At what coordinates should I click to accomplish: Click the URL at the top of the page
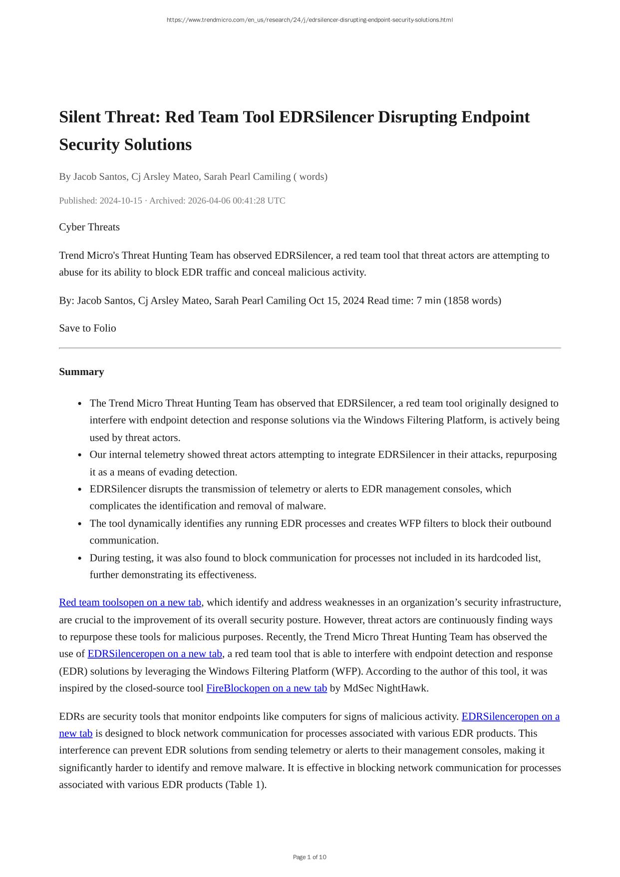click(310, 20)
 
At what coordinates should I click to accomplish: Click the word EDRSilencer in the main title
click(326, 117)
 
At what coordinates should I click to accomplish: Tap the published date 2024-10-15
click(121, 201)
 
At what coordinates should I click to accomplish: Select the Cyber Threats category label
click(89, 227)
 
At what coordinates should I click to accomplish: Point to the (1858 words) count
click(472, 301)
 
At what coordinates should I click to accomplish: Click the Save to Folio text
click(87, 328)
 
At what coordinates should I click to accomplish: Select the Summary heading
click(81, 372)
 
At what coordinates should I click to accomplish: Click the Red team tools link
click(130, 602)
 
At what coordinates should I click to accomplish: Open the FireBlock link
click(267, 688)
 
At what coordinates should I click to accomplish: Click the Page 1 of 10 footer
click(310, 857)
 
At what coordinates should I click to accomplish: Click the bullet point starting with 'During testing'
click(314, 558)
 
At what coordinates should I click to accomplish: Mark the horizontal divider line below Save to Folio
click(310, 348)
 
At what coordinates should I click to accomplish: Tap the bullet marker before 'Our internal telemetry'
click(80, 455)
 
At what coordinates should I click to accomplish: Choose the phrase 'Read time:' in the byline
click(390, 301)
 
